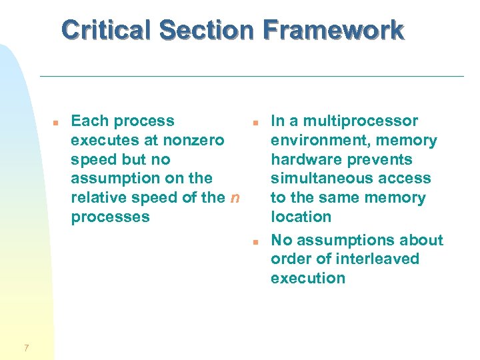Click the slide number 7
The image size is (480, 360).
(x=25, y=347)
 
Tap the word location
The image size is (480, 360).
(x=301, y=217)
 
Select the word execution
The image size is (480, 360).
(x=308, y=278)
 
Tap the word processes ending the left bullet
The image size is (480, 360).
(x=110, y=217)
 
